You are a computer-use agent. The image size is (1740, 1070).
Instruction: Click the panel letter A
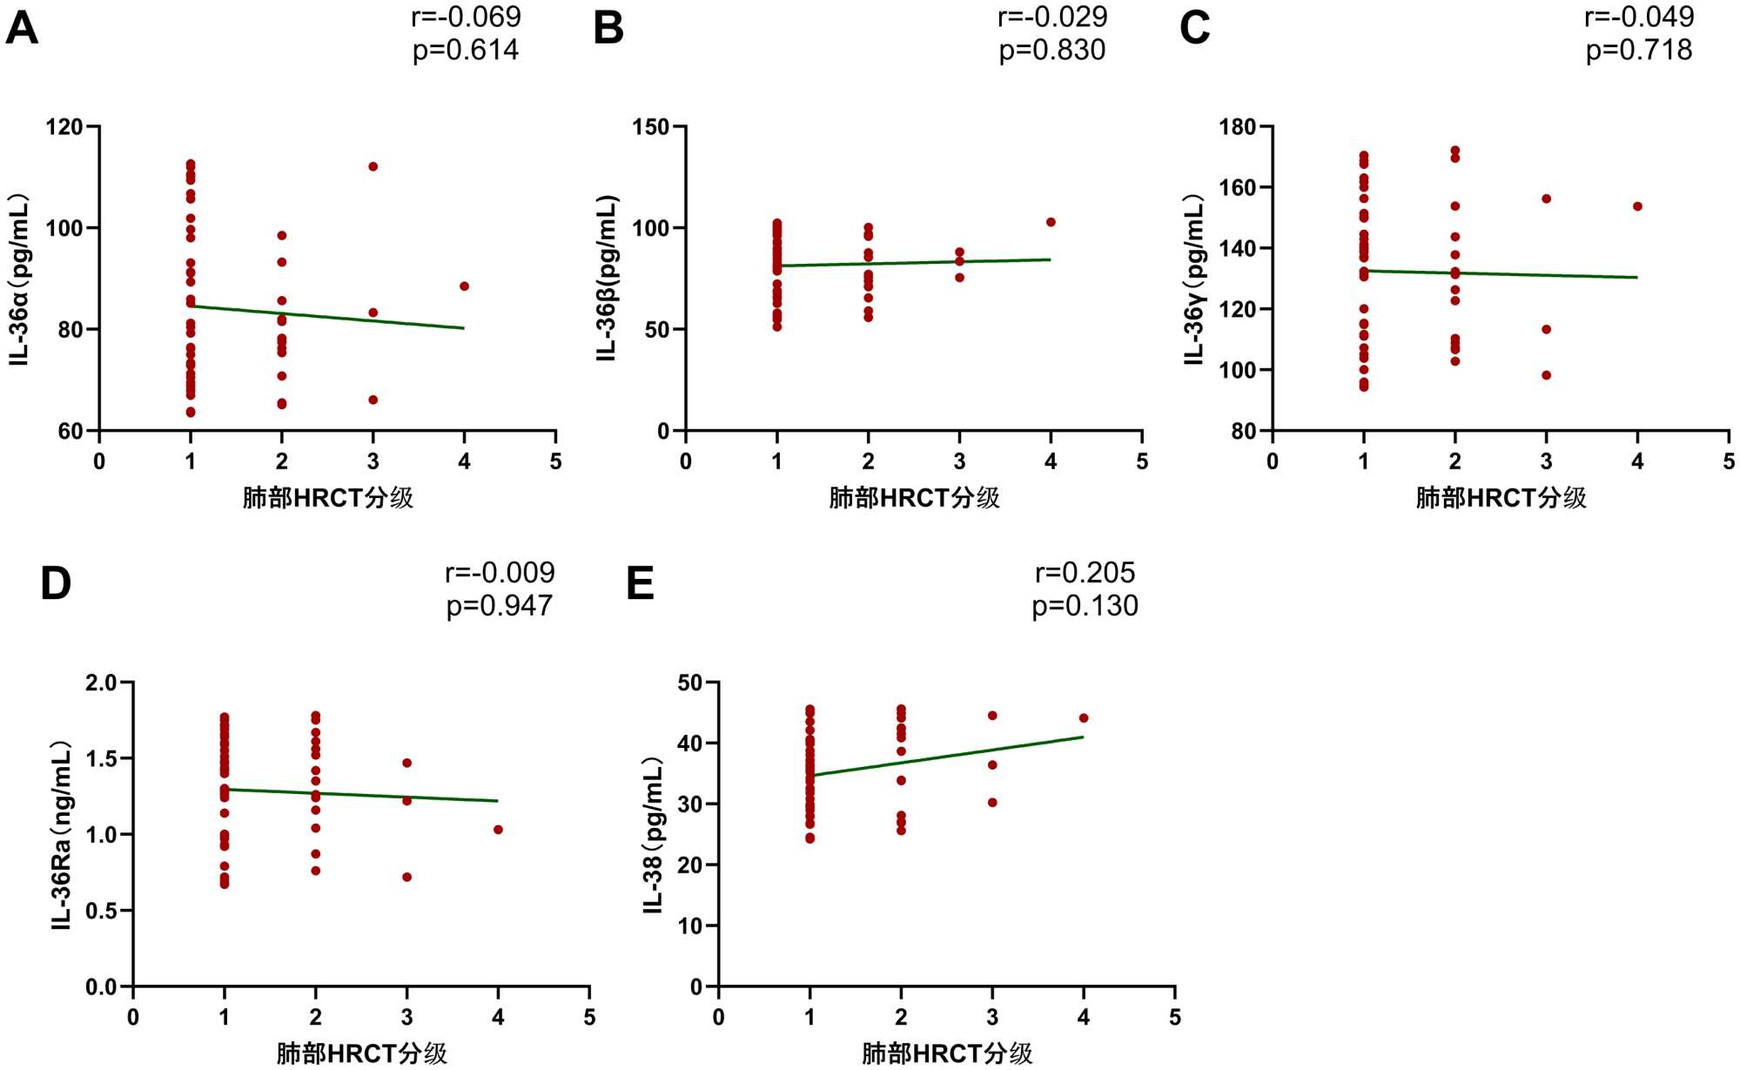22,28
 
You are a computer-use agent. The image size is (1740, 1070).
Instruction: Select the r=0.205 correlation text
1085,573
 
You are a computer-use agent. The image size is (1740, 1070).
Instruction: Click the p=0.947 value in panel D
500,606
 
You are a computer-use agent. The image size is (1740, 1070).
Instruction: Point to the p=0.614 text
466,50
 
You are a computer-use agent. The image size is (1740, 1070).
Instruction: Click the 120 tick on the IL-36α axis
64,127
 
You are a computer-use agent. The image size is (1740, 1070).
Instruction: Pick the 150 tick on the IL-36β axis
650,127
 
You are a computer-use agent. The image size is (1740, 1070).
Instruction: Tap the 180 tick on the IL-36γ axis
1237,127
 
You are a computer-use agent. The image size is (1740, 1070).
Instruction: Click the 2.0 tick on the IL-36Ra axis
101,683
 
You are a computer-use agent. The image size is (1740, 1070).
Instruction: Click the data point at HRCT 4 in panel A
464,286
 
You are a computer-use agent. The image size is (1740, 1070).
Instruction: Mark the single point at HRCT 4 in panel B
1051,222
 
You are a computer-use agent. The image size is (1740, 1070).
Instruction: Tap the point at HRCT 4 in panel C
1637,206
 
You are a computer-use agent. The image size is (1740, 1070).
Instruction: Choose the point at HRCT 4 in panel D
498,830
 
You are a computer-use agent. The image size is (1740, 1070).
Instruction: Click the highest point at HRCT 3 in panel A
373,166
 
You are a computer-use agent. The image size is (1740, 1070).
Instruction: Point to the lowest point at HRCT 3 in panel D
406,877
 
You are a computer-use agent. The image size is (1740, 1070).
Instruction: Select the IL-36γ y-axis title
1194,279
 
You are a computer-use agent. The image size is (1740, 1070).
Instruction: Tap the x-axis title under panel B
914,498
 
